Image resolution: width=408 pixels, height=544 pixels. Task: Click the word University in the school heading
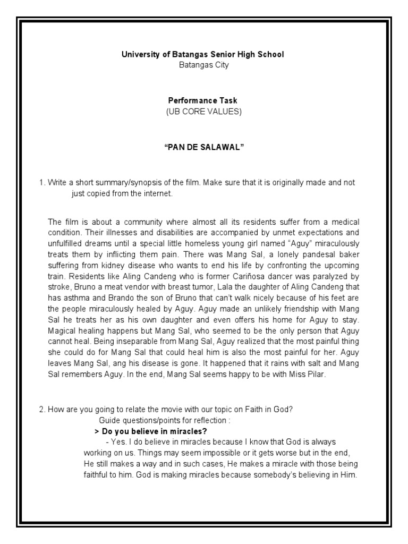139,54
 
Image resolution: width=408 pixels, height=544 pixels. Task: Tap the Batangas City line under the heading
203,65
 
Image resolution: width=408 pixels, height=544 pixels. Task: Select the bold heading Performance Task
203,100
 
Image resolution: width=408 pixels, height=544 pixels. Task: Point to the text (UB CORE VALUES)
203,110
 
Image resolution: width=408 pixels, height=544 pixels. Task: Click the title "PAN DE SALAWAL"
203,146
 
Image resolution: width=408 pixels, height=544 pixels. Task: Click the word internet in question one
156,193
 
